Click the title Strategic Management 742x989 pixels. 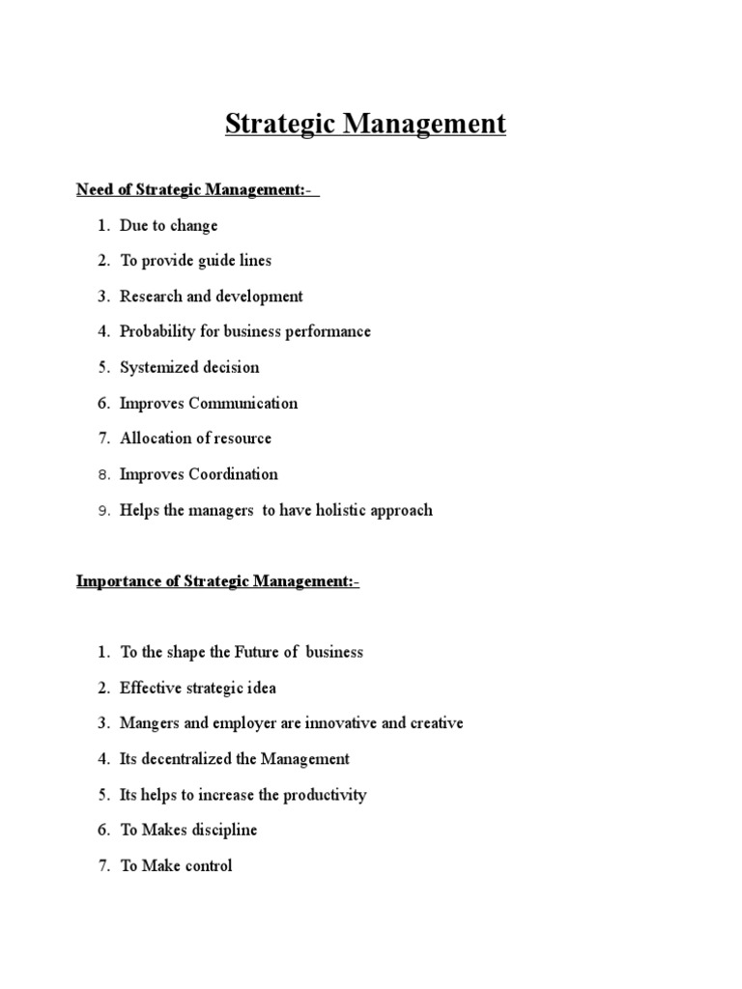click(x=365, y=125)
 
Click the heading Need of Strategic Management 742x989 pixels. click(x=197, y=189)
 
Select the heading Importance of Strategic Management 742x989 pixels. click(x=217, y=581)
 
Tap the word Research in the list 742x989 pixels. click(x=152, y=297)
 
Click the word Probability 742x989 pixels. click(x=157, y=331)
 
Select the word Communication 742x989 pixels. click(x=243, y=403)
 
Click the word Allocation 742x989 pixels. click(x=156, y=438)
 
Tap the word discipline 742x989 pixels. click(x=225, y=831)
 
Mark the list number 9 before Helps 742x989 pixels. click(x=105, y=511)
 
